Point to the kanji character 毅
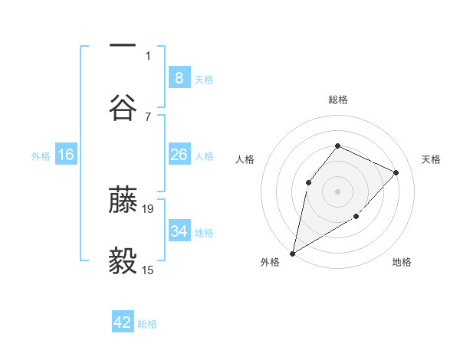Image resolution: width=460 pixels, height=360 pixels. click(123, 262)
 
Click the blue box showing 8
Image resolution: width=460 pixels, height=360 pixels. click(179, 77)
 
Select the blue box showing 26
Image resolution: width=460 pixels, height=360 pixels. click(179, 155)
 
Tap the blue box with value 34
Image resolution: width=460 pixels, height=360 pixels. click(179, 231)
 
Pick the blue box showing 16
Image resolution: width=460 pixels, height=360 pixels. click(66, 155)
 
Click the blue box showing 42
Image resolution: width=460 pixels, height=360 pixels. click(123, 322)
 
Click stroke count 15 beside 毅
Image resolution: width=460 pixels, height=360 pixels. click(148, 270)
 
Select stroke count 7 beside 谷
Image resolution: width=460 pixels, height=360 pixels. click(148, 116)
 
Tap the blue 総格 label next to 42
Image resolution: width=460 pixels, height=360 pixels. click(147, 324)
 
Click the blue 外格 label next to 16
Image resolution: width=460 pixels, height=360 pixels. click(41, 156)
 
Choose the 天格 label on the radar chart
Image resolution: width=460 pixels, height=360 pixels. click(431, 159)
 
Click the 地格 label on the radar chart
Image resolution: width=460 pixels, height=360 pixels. click(402, 262)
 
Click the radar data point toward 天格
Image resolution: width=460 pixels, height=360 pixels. click(396, 172)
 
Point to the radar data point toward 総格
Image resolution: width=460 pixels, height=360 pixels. click(337, 146)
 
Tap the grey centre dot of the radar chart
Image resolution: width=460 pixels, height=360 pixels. click(337, 191)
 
